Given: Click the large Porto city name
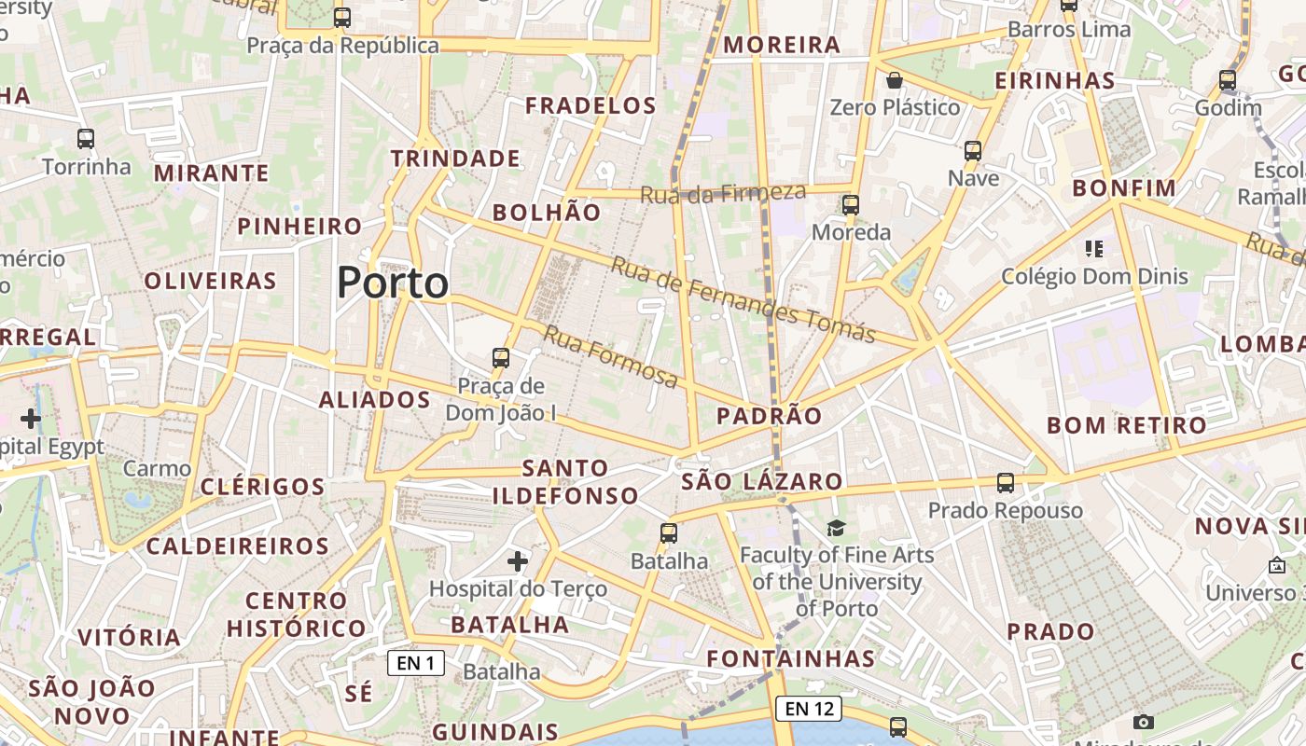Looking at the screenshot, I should pos(393,283).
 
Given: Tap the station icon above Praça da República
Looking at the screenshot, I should pos(342,17).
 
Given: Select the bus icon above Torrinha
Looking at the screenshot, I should pos(86,139).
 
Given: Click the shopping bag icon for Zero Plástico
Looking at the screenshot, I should pos(895,80).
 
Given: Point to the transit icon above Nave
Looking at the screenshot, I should pos(973,150).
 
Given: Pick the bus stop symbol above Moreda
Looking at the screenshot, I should pos(850,204).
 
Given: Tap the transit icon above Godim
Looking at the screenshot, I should pos(1228,80).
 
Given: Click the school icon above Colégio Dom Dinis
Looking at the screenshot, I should pos(1094,249).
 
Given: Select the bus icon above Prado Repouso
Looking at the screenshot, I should pos(1005,483).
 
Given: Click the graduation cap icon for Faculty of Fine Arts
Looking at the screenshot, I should pos(836,529).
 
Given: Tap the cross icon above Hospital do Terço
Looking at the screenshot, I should pos(518,560).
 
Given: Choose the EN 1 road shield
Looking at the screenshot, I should pos(416,663).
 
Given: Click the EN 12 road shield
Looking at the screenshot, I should pos(809,708).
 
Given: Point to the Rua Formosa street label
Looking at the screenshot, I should pos(611,357).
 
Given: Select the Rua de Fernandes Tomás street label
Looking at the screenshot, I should pos(743,300).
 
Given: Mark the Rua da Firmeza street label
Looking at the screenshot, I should pos(723,193).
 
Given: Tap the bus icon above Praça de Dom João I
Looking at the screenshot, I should pos(501,357).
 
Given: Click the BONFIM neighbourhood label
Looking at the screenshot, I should pos(1124,188).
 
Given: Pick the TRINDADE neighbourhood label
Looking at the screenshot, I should pos(455,159).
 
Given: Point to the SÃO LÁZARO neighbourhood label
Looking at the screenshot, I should pos(762,482).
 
